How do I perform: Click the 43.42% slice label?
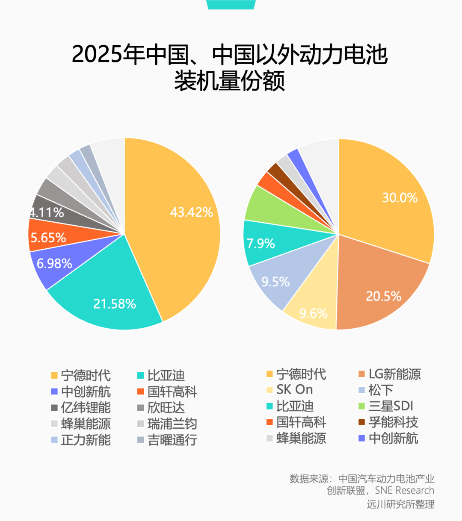tap(192, 212)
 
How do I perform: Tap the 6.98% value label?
tap(54, 263)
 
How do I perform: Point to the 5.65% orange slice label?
tap(48, 238)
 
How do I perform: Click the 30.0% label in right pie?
tap(400, 197)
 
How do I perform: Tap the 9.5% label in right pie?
tap(275, 282)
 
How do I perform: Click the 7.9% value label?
tap(261, 244)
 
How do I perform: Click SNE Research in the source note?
tap(404, 491)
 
